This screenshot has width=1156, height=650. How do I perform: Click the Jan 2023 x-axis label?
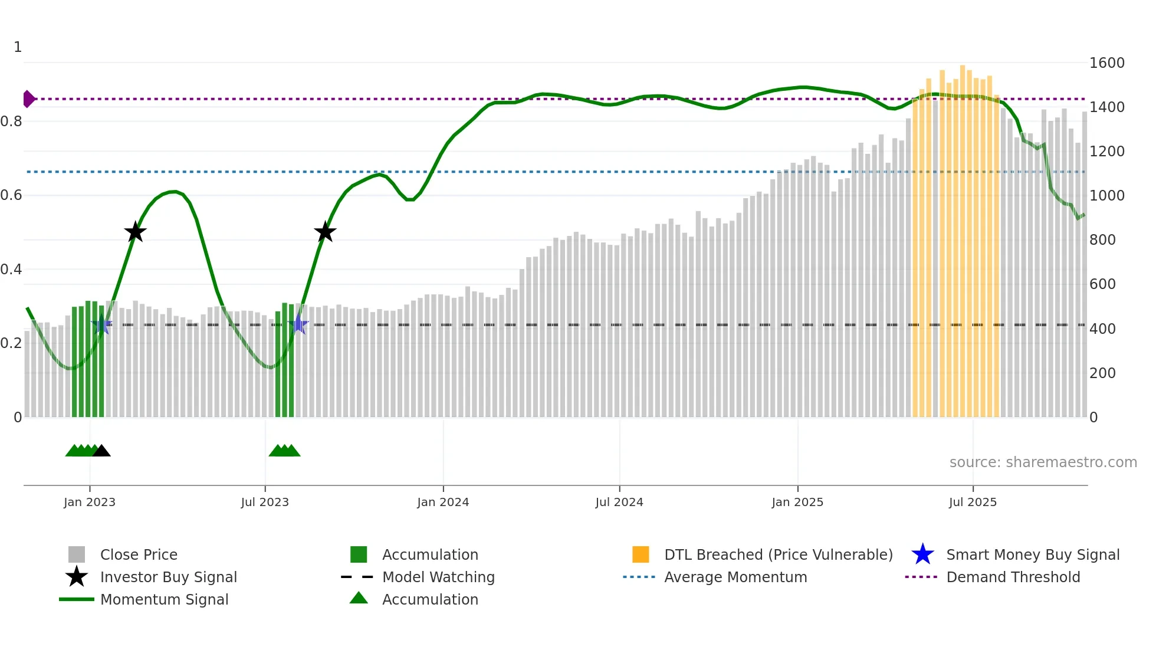tap(90, 502)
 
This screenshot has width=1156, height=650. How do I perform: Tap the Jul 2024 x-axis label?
tap(619, 502)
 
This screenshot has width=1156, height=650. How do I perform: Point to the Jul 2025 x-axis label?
tap(973, 502)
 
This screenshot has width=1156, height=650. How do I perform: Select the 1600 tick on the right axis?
tap(1107, 63)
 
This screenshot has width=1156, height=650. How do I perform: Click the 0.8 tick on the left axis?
tap(12, 122)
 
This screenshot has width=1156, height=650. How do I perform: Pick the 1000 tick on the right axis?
tap(1107, 195)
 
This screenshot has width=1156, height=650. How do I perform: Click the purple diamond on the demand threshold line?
tap(28, 99)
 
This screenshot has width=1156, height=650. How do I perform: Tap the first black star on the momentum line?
tap(135, 232)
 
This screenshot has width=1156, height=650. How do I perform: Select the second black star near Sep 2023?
tap(325, 232)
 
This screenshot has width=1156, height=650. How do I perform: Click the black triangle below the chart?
tap(101, 451)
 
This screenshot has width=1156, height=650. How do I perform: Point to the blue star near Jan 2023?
tap(102, 324)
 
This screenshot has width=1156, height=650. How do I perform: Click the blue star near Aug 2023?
tap(298, 324)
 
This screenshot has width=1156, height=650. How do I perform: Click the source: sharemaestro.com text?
tap(1043, 462)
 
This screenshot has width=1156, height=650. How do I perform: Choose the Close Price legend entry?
tap(139, 554)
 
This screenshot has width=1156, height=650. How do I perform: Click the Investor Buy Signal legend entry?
tap(168, 577)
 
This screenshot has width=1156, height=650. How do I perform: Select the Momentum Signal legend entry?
tap(164, 599)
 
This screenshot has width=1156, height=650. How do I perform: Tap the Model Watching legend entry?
tap(438, 577)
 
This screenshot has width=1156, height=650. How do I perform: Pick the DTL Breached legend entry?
tap(778, 554)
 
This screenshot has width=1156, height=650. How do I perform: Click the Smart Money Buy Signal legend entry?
tap(1032, 554)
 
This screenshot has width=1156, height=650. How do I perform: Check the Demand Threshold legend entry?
tap(1013, 577)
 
